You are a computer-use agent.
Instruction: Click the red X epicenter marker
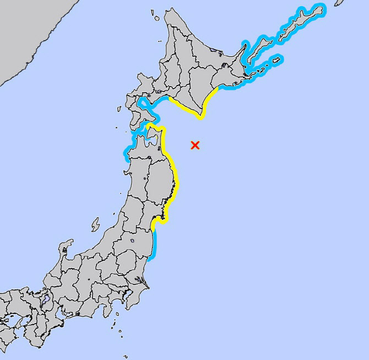coord(194,145)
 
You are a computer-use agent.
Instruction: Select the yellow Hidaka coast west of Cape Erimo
coord(182,107)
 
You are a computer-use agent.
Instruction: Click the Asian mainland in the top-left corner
coord(22,33)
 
